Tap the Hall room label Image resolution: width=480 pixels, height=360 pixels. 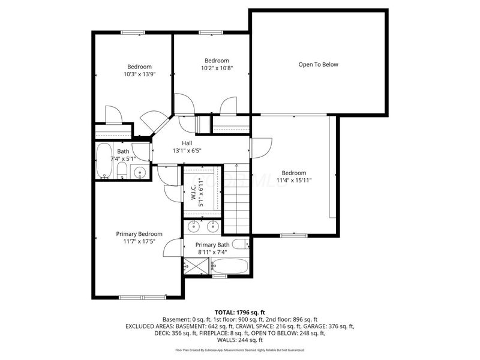coord(187,143)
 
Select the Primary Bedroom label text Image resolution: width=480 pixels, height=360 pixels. coord(139,233)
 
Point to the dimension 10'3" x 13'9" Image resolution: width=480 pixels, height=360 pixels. coord(139,74)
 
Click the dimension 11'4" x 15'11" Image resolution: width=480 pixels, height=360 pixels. coord(294,180)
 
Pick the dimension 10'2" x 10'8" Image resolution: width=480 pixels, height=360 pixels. coord(217,68)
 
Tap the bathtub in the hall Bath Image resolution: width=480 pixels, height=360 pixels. coord(104,161)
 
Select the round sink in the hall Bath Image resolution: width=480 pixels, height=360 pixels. coord(140,173)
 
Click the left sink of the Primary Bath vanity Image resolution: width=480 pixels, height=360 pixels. coord(194,227)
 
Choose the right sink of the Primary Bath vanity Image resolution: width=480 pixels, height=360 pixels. coord(212,227)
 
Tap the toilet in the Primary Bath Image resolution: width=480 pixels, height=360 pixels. coord(239,244)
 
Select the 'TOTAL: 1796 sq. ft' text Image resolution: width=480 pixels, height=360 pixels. coord(240,313)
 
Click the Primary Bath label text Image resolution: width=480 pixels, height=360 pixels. coord(212,244)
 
